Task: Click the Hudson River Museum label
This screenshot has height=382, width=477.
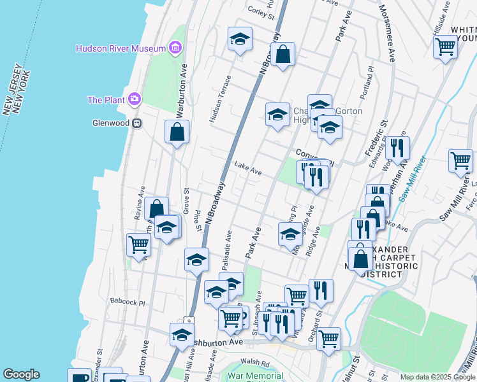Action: tap(120, 48)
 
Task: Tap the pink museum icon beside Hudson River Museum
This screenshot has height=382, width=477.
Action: tap(175, 47)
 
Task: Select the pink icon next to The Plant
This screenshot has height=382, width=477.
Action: tap(134, 99)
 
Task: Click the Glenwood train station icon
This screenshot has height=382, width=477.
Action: tap(136, 124)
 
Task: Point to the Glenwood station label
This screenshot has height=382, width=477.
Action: tap(111, 124)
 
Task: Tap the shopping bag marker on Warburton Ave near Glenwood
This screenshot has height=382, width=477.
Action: tap(177, 132)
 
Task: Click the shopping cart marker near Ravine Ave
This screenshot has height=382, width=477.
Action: tap(138, 244)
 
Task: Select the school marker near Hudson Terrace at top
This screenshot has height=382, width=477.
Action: tap(240, 39)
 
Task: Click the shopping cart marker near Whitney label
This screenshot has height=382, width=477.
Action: tap(445, 46)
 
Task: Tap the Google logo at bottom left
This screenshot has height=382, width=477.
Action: tap(21, 374)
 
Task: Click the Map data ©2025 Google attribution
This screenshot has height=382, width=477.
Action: tap(437, 377)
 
